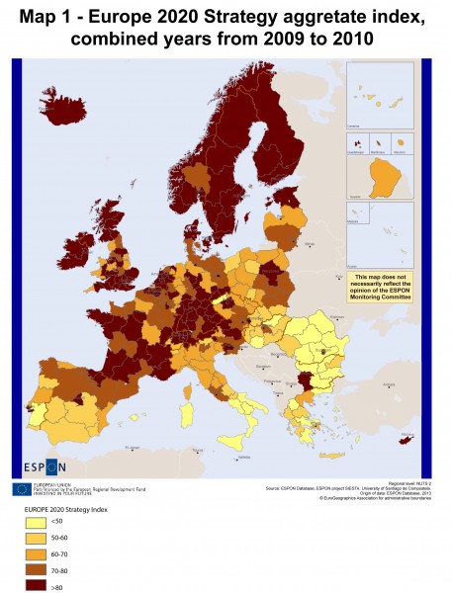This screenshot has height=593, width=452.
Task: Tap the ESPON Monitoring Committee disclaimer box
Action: pos(379,284)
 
